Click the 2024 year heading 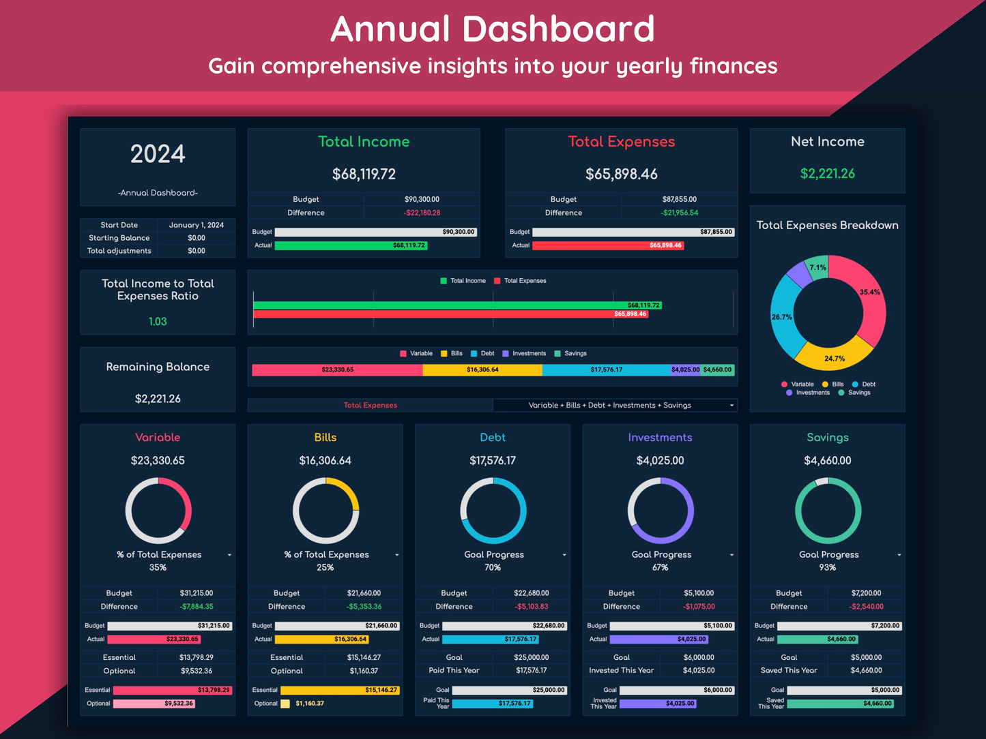[158, 154]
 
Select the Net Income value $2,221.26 [827, 174]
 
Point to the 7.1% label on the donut [817, 267]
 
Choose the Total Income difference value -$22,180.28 [421, 213]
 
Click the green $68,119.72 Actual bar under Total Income [351, 245]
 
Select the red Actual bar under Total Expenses [607, 245]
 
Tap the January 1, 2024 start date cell [197, 225]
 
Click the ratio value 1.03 [158, 321]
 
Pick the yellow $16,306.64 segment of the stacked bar [482, 370]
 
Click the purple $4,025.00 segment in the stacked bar [685, 370]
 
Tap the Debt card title [493, 438]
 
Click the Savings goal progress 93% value [827, 567]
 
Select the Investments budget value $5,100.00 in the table [699, 593]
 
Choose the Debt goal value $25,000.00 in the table [531, 657]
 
